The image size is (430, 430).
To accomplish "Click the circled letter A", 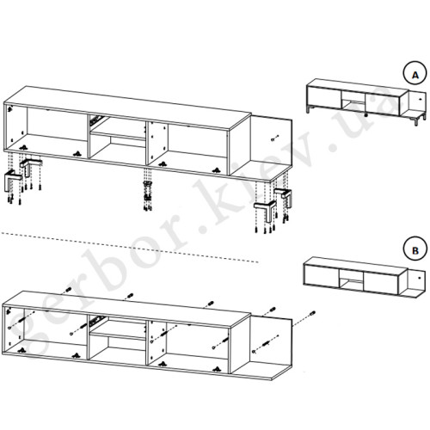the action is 415,75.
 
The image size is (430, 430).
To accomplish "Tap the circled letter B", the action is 415,250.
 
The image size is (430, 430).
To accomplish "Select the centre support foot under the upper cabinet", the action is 148,191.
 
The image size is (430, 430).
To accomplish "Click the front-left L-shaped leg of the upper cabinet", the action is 12,180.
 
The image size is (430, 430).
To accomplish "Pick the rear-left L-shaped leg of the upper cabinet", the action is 30,165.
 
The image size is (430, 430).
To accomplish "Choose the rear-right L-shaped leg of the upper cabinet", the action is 284,196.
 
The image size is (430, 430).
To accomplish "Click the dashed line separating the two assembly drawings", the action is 129,247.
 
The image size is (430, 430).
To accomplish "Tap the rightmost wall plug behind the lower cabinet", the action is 312,313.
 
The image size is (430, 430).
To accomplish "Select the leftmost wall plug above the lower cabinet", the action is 68,290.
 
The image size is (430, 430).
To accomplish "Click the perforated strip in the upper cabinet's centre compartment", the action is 96,120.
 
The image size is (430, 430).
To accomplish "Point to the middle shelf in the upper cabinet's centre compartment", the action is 118,135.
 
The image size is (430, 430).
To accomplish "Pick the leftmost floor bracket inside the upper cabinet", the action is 23,148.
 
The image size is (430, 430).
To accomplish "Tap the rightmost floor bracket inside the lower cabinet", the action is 217,370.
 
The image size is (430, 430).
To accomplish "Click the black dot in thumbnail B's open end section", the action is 419,278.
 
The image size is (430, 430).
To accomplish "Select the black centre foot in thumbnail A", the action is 366,115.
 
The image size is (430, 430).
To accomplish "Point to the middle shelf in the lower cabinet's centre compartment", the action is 117,335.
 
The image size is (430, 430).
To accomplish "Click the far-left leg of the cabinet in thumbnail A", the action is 308,110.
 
